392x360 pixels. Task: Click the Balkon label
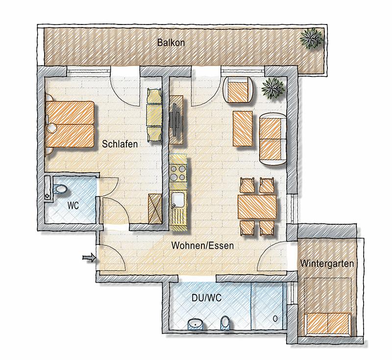pos(171,43)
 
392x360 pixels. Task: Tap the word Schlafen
pos(120,144)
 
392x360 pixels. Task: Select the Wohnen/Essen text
pos(202,245)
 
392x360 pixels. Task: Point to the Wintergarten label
pos(327,264)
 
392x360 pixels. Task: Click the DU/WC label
pos(206,298)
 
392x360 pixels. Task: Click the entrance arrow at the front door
pos(89,258)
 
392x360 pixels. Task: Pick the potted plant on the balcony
pos(312,38)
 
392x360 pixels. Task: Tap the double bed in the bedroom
pos(70,124)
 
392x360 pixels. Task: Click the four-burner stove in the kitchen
pos(178,172)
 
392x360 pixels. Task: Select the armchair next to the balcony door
pos(238,90)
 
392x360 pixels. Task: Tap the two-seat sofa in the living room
pos(273,139)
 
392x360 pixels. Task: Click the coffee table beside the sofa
pos(243,129)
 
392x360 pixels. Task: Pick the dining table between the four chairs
pos(257,206)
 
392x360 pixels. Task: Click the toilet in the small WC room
pos(61,189)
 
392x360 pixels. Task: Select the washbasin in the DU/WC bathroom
pos(196,324)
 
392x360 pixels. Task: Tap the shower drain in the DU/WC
pos(275,318)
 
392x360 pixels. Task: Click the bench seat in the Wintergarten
pos(327,324)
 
